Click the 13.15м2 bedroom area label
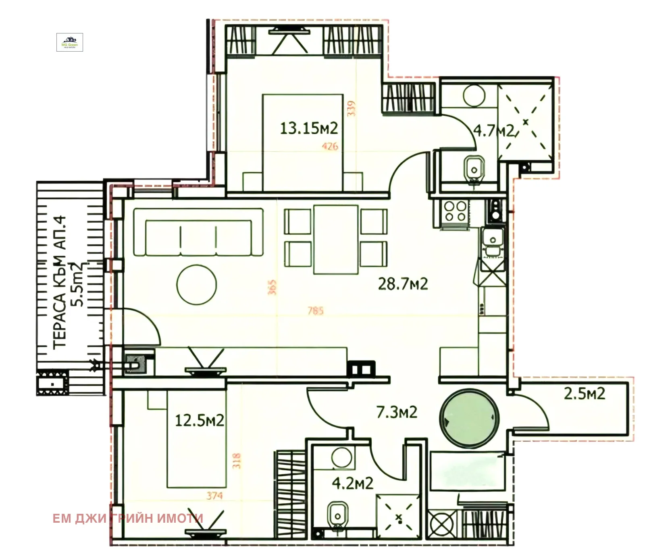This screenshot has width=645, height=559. coord(309,129)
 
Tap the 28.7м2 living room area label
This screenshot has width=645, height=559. coord(403,284)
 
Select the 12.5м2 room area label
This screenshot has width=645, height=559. coord(199,421)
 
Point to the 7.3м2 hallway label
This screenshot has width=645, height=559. coord(397,412)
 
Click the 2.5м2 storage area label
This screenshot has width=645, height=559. coord(584,393)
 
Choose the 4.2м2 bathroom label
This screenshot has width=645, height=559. coord(352,483)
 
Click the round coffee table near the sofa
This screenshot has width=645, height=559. coord(196,285)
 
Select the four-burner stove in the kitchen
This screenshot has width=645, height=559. coord(455,211)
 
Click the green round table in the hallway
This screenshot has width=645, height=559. coord(470,418)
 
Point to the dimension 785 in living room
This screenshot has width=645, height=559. coord(316,311)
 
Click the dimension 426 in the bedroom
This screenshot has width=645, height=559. coord(330,146)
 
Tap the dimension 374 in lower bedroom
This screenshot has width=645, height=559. coord(214,495)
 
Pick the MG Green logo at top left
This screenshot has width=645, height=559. coord(69,42)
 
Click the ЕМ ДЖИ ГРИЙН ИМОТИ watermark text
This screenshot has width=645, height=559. coord(128,518)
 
